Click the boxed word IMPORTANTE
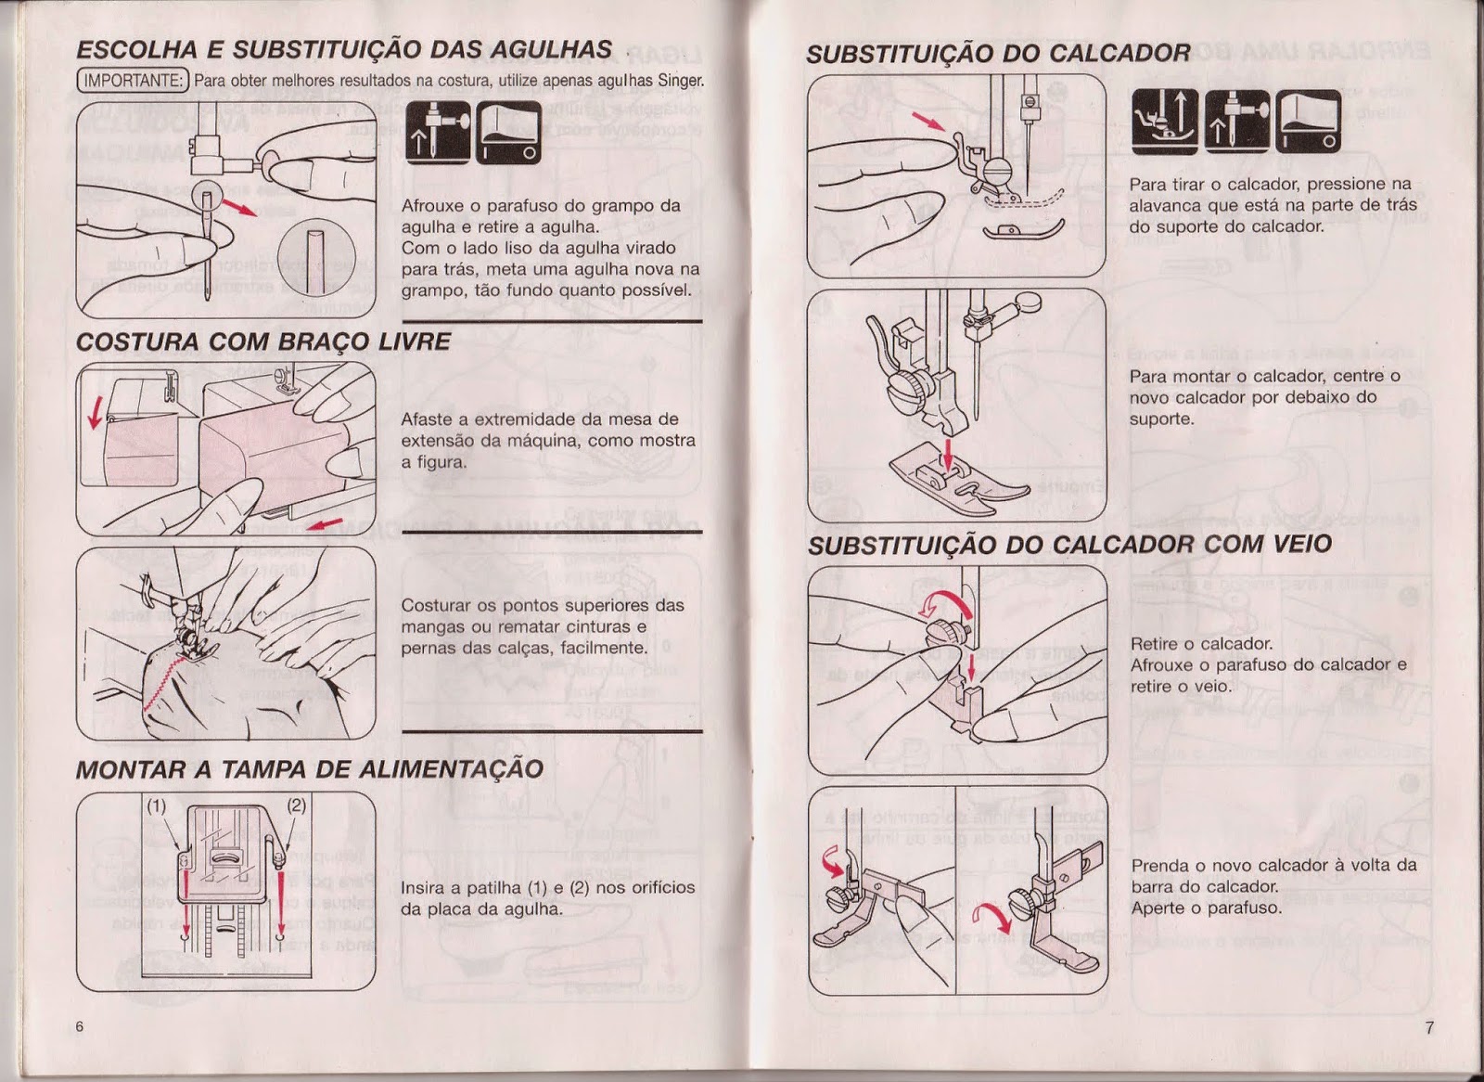(x=133, y=80)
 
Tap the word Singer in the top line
(x=680, y=80)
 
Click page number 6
(x=80, y=1026)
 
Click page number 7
(x=1429, y=1027)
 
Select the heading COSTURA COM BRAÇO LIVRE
(x=262, y=341)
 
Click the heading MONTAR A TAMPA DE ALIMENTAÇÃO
(x=309, y=769)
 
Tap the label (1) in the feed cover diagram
(x=156, y=805)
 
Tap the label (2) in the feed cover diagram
(x=296, y=805)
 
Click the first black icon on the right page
(x=1164, y=122)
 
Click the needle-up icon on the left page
(x=438, y=133)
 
